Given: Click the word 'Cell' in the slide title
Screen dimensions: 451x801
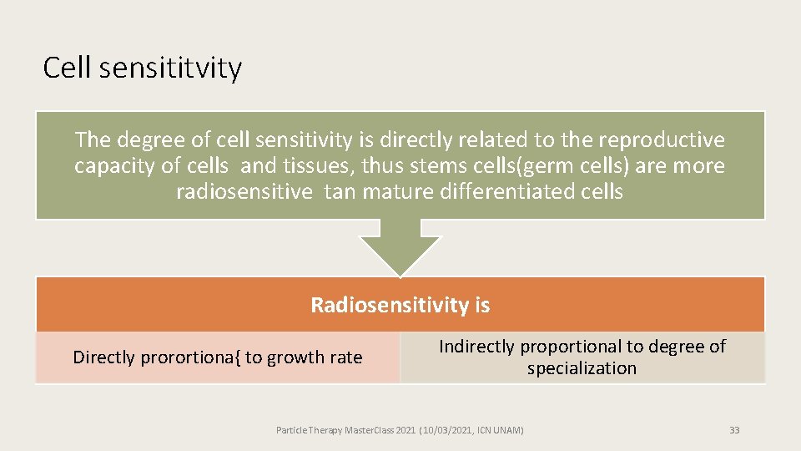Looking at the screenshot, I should pyautogui.click(x=67, y=68).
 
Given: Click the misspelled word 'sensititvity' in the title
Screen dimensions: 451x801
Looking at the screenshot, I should pyautogui.click(x=170, y=68).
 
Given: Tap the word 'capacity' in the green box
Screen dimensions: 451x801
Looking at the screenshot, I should pyautogui.click(x=108, y=166).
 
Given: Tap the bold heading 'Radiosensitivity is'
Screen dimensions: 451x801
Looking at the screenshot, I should pyautogui.click(x=400, y=305).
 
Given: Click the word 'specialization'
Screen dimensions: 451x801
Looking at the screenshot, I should pyautogui.click(x=582, y=368).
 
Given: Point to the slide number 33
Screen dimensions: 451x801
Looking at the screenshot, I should pyautogui.click(x=734, y=430).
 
